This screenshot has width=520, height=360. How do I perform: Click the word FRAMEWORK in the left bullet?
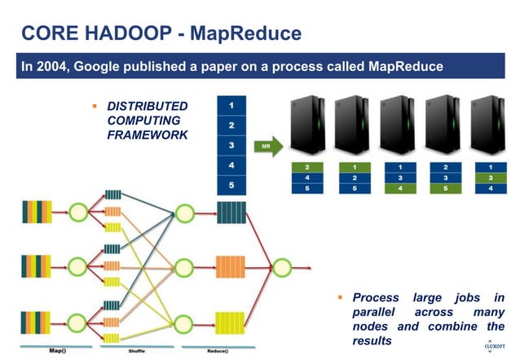tap(148, 134)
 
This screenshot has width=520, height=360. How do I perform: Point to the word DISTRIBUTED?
tap(148, 107)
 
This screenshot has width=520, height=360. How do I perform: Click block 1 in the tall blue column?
tap(232, 106)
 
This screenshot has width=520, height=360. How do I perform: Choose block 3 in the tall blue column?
tap(232, 146)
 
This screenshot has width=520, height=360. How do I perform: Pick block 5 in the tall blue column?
tap(232, 185)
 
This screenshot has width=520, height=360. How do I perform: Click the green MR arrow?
tap(268, 147)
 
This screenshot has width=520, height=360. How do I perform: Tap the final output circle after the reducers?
tap(282, 266)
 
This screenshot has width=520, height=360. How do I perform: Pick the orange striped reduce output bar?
tap(231, 267)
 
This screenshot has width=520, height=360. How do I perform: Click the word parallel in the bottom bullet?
tap(376, 312)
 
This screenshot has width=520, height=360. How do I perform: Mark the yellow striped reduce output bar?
tap(231, 322)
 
